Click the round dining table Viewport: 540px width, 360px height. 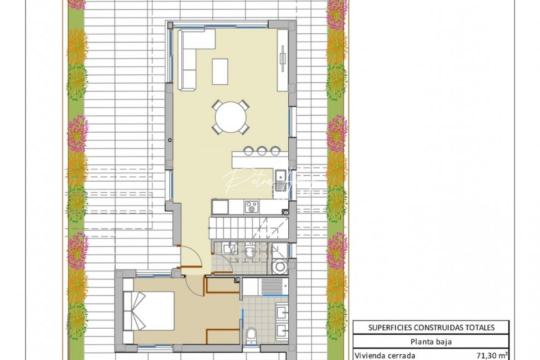(x=231, y=117)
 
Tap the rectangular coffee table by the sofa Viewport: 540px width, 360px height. (x=220, y=71)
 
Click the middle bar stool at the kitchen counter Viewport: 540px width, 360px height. (x=262, y=151)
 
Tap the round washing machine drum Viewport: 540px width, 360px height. (x=279, y=267)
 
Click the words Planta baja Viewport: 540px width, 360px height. (x=431, y=341)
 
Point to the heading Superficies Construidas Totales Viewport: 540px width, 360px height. (x=431, y=327)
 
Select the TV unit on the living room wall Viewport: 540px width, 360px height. (x=283, y=60)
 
